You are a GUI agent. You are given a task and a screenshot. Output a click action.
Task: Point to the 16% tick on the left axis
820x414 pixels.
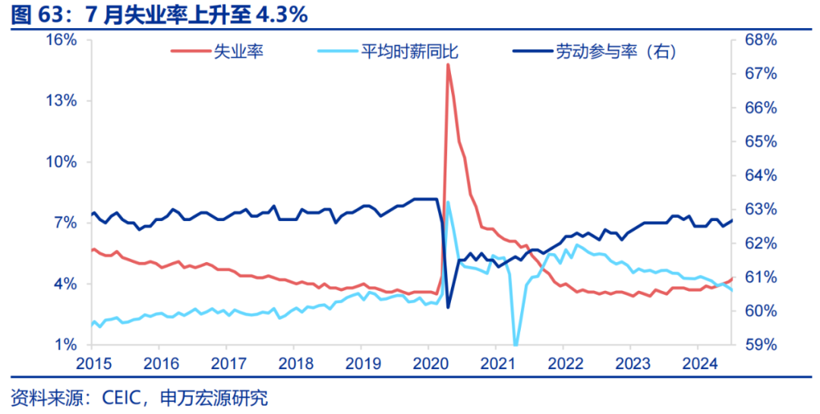[x=62, y=40]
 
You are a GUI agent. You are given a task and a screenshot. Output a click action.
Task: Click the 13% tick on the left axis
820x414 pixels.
[x=62, y=100]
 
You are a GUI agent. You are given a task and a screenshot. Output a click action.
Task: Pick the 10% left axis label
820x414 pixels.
[x=62, y=162]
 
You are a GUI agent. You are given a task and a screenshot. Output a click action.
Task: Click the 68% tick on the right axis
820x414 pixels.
[x=760, y=40]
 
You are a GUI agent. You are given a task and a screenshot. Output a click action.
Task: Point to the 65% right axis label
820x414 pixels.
[x=760, y=141]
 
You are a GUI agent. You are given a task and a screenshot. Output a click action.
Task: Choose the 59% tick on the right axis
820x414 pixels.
[x=760, y=345]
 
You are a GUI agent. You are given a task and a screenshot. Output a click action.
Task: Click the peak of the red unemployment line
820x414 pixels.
[x=448, y=65]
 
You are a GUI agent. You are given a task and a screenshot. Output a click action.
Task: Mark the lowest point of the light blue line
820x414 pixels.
[x=516, y=345]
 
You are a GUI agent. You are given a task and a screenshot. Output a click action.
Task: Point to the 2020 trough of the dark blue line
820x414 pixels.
[x=448, y=307]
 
